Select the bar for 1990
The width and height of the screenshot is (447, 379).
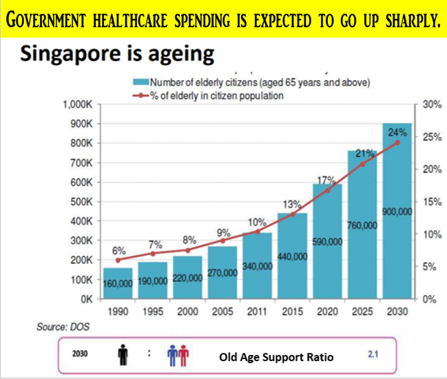point(118,283)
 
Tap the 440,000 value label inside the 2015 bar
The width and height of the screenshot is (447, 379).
point(292,256)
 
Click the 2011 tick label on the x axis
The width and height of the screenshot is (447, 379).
point(257,311)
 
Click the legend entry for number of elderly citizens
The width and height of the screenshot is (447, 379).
point(255,83)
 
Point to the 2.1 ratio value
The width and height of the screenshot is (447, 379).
point(374,356)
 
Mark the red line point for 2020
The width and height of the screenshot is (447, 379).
point(328,189)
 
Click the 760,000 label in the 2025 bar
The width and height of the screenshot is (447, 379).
point(362,225)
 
